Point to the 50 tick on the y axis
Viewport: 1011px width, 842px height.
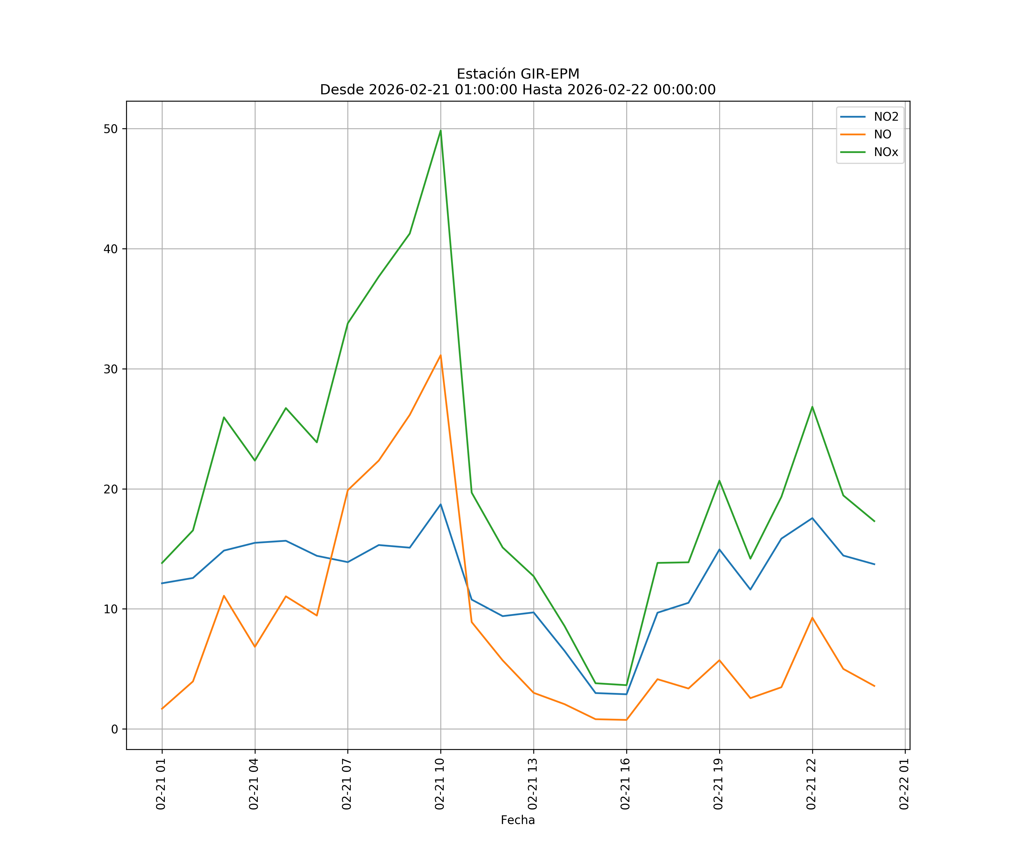pos(111,129)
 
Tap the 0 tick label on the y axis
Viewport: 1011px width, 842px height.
pos(115,729)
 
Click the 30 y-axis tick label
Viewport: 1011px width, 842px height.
pos(111,369)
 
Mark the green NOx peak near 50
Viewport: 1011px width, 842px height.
pos(441,131)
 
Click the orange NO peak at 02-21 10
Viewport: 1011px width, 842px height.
pos(441,355)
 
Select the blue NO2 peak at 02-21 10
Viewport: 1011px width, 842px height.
pos(441,504)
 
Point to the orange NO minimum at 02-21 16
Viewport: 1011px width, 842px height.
pos(626,720)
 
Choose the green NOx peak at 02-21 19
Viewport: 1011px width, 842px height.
pos(719,481)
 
